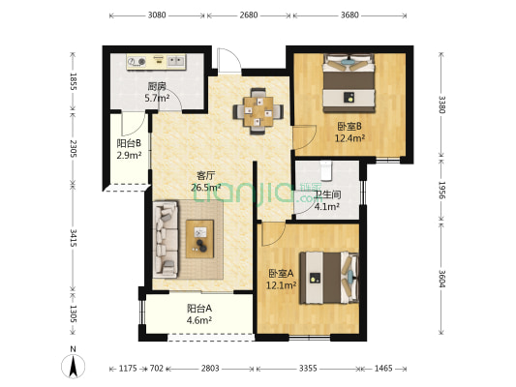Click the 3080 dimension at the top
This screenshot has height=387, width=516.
point(157,15)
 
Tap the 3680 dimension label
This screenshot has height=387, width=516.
point(349,15)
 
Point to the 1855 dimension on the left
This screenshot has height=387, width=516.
point(74,81)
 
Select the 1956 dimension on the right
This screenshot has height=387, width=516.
point(441,190)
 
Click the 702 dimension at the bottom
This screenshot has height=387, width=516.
point(157,369)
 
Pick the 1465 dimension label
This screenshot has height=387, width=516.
point(383,369)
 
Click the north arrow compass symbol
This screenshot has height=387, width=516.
point(73,366)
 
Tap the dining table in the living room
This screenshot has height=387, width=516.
point(258,111)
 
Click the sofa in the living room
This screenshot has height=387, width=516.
point(166,240)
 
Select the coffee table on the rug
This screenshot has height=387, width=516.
point(199,239)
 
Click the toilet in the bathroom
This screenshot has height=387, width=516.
point(326,170)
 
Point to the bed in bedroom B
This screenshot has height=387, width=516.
point(349,83)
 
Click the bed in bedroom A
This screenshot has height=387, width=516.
point(329,278)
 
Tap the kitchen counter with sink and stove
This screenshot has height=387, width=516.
point(156,62)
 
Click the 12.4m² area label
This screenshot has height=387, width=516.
point(349,138)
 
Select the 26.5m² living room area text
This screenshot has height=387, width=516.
point(206,188)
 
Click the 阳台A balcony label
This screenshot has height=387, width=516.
point(199,309)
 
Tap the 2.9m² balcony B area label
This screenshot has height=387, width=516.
point(129,155)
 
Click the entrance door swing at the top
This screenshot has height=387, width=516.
point(229,61)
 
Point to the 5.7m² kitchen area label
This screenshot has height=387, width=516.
point(157,98)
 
